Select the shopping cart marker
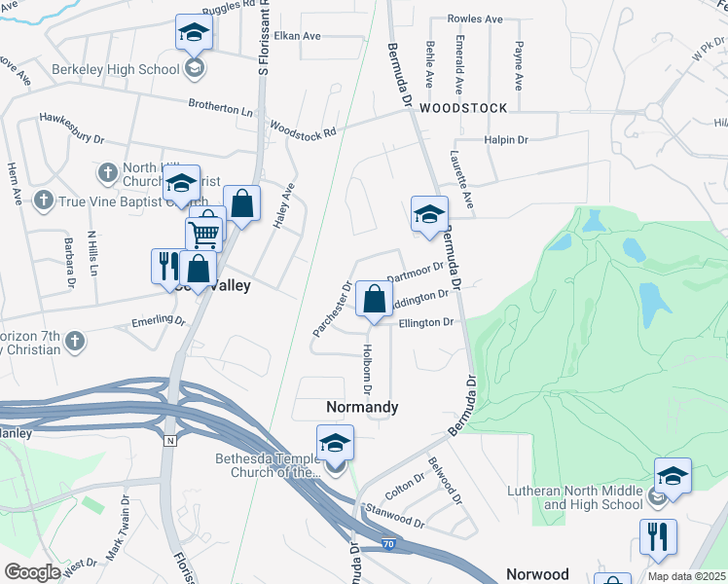point(203,234)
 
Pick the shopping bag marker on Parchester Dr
point(374,300)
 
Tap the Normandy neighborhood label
point(360,407)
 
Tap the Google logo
point(32,572)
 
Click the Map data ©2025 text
point(687,576)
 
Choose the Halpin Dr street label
point(506,140)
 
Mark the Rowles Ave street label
point(475,18)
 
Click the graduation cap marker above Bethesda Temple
point(335,444)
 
